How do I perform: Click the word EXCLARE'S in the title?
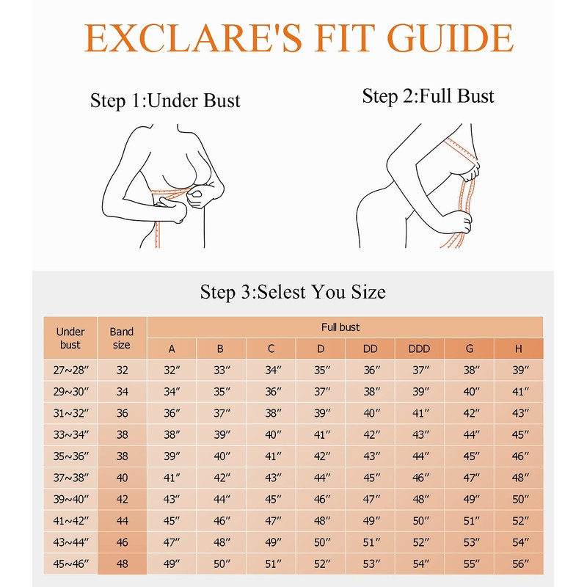pyautogui.click(x=192, y=38)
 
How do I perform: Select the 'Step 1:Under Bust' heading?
pyautogui.click(x=165, y=101)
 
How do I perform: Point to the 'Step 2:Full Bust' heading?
pyautogui.click(x=429, y=96)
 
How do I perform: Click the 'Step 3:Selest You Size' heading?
pyautogui.click(x=293, y=292)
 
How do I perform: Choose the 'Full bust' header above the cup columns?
pyautogui.click(x=340, y=327)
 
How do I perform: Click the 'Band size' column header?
pyautogui.click(x=122, y=338)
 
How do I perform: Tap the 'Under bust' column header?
pyautogui.click(x=70, y=338)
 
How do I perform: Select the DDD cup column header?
pyautogui.click(x=419, y=349)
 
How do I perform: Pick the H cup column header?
pyautogui.click(x=519, y=349)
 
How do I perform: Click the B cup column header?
pyautogui.click(x=220, y=349)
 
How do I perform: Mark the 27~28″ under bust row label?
pyautogui.click(x=70, y=371)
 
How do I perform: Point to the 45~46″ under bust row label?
pyautogui.click(x=70, y=564)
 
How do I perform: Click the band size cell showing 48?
pyautogui.click(x=122, y=564)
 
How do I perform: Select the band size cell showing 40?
pyautogui.click(x=122, y=478)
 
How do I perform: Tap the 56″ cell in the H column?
pyautogui.click(x=520, y=564)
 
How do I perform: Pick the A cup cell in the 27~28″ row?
pyautogui.click(x=172, y=371)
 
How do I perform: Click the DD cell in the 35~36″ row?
pyautogui.click(x=371, y=456)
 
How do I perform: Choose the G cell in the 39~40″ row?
pyautogui.click(x=470, y=499)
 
